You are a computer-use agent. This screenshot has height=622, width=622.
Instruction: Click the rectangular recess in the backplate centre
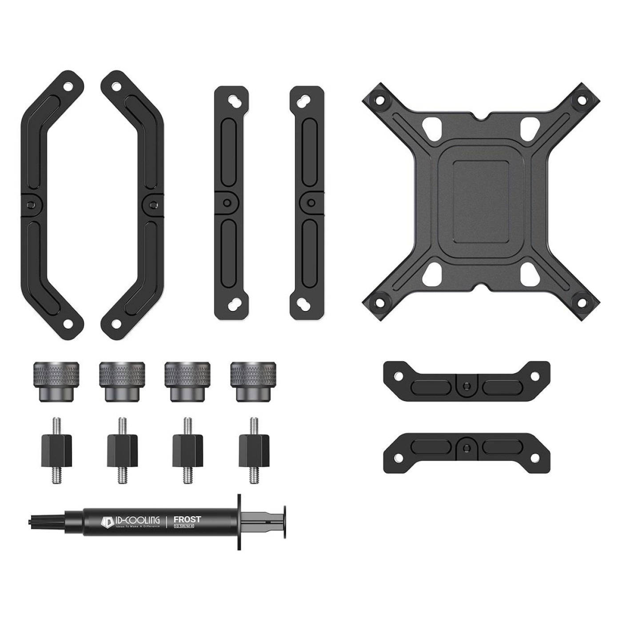click(x=481, y=201)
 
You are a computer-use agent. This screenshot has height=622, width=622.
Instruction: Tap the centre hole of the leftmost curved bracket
click(x=30, y=204)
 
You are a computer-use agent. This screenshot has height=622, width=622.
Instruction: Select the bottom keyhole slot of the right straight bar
click(x=306, y=306)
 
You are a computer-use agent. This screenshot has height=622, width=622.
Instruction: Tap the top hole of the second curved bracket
click(x=116, y=85)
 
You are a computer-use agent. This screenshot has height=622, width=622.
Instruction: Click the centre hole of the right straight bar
click(x=311, y=203)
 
